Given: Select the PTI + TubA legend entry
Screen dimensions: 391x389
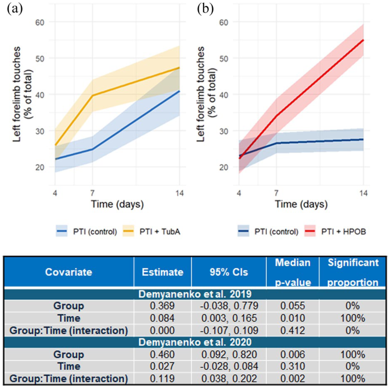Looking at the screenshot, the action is (x=152, y=231).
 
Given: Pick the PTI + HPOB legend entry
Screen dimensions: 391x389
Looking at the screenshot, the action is (x=335, y=231).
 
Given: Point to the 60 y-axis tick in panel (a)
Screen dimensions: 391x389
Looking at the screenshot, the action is (x=40, y=22).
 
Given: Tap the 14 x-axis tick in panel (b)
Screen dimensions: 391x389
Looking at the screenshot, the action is (x=363, y=193).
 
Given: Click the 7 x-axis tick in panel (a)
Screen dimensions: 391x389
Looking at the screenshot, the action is (x=92, y=193).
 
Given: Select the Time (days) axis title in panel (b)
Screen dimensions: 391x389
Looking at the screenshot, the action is (x=301, y=204).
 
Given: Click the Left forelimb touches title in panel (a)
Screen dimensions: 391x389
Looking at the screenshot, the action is (x=17, y=94).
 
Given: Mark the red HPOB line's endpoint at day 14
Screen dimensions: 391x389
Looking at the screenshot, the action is (x=363, y=40).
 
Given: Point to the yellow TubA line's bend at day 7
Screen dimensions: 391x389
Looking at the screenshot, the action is (x=92, y=95).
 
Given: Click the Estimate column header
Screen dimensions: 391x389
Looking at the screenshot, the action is (x=162, y=272).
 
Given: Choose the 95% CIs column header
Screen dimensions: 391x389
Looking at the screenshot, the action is (x=229, y=272).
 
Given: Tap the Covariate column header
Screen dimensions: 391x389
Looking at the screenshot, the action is (x=69, y=272).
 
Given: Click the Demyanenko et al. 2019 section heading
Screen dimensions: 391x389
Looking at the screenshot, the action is (x=195, y=294).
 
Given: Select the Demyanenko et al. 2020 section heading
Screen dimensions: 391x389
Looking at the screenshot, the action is (x=195, y=342).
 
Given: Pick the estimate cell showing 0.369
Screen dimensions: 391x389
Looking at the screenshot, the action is (x=162, y=306).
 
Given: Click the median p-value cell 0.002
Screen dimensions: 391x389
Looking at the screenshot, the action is (x=292, y=379).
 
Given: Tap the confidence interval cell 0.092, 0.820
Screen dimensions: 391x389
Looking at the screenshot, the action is (x=229, y=354).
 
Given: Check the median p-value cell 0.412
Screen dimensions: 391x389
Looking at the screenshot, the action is (x=292, y=331).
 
